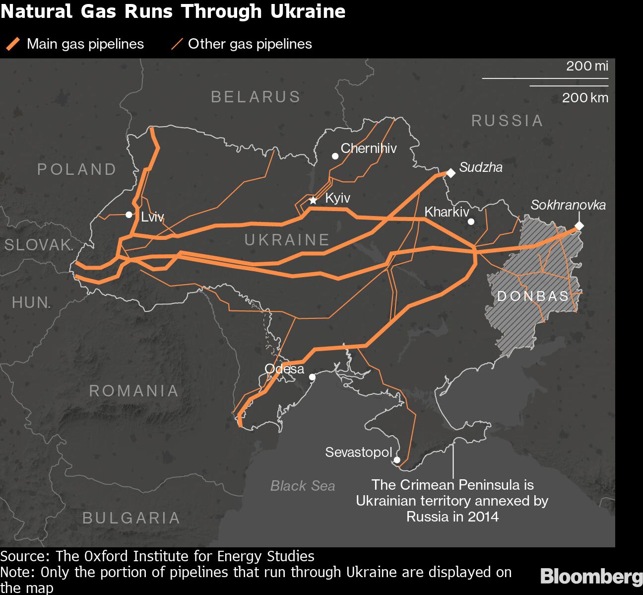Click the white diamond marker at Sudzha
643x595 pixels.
tap(450, 173)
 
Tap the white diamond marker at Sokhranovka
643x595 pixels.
tap(579, 226)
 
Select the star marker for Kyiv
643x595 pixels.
tap(313, 200)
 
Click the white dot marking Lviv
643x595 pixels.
tap(129, 215)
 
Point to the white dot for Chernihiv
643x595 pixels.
tap(335, 156)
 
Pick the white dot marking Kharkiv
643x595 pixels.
tap(471, 222)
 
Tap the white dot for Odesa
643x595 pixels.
tap(312, 377)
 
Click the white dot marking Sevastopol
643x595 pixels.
tap(397, 460)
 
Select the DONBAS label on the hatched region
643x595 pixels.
tap(533, 297)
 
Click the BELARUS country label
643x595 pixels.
tap(256, 96)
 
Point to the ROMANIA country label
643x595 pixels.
tap(134, 391)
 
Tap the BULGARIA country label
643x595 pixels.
tap(131, 518)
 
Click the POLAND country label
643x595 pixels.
tap(77, 169)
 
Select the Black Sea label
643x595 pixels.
tap(303, 486)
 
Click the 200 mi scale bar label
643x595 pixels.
tap(587, 66)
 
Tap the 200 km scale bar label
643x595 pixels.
tap(585, 97)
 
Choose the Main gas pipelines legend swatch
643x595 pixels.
tap(13, 44)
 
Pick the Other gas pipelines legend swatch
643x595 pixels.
tap(177, 44)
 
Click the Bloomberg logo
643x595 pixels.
tap(591, 577)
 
